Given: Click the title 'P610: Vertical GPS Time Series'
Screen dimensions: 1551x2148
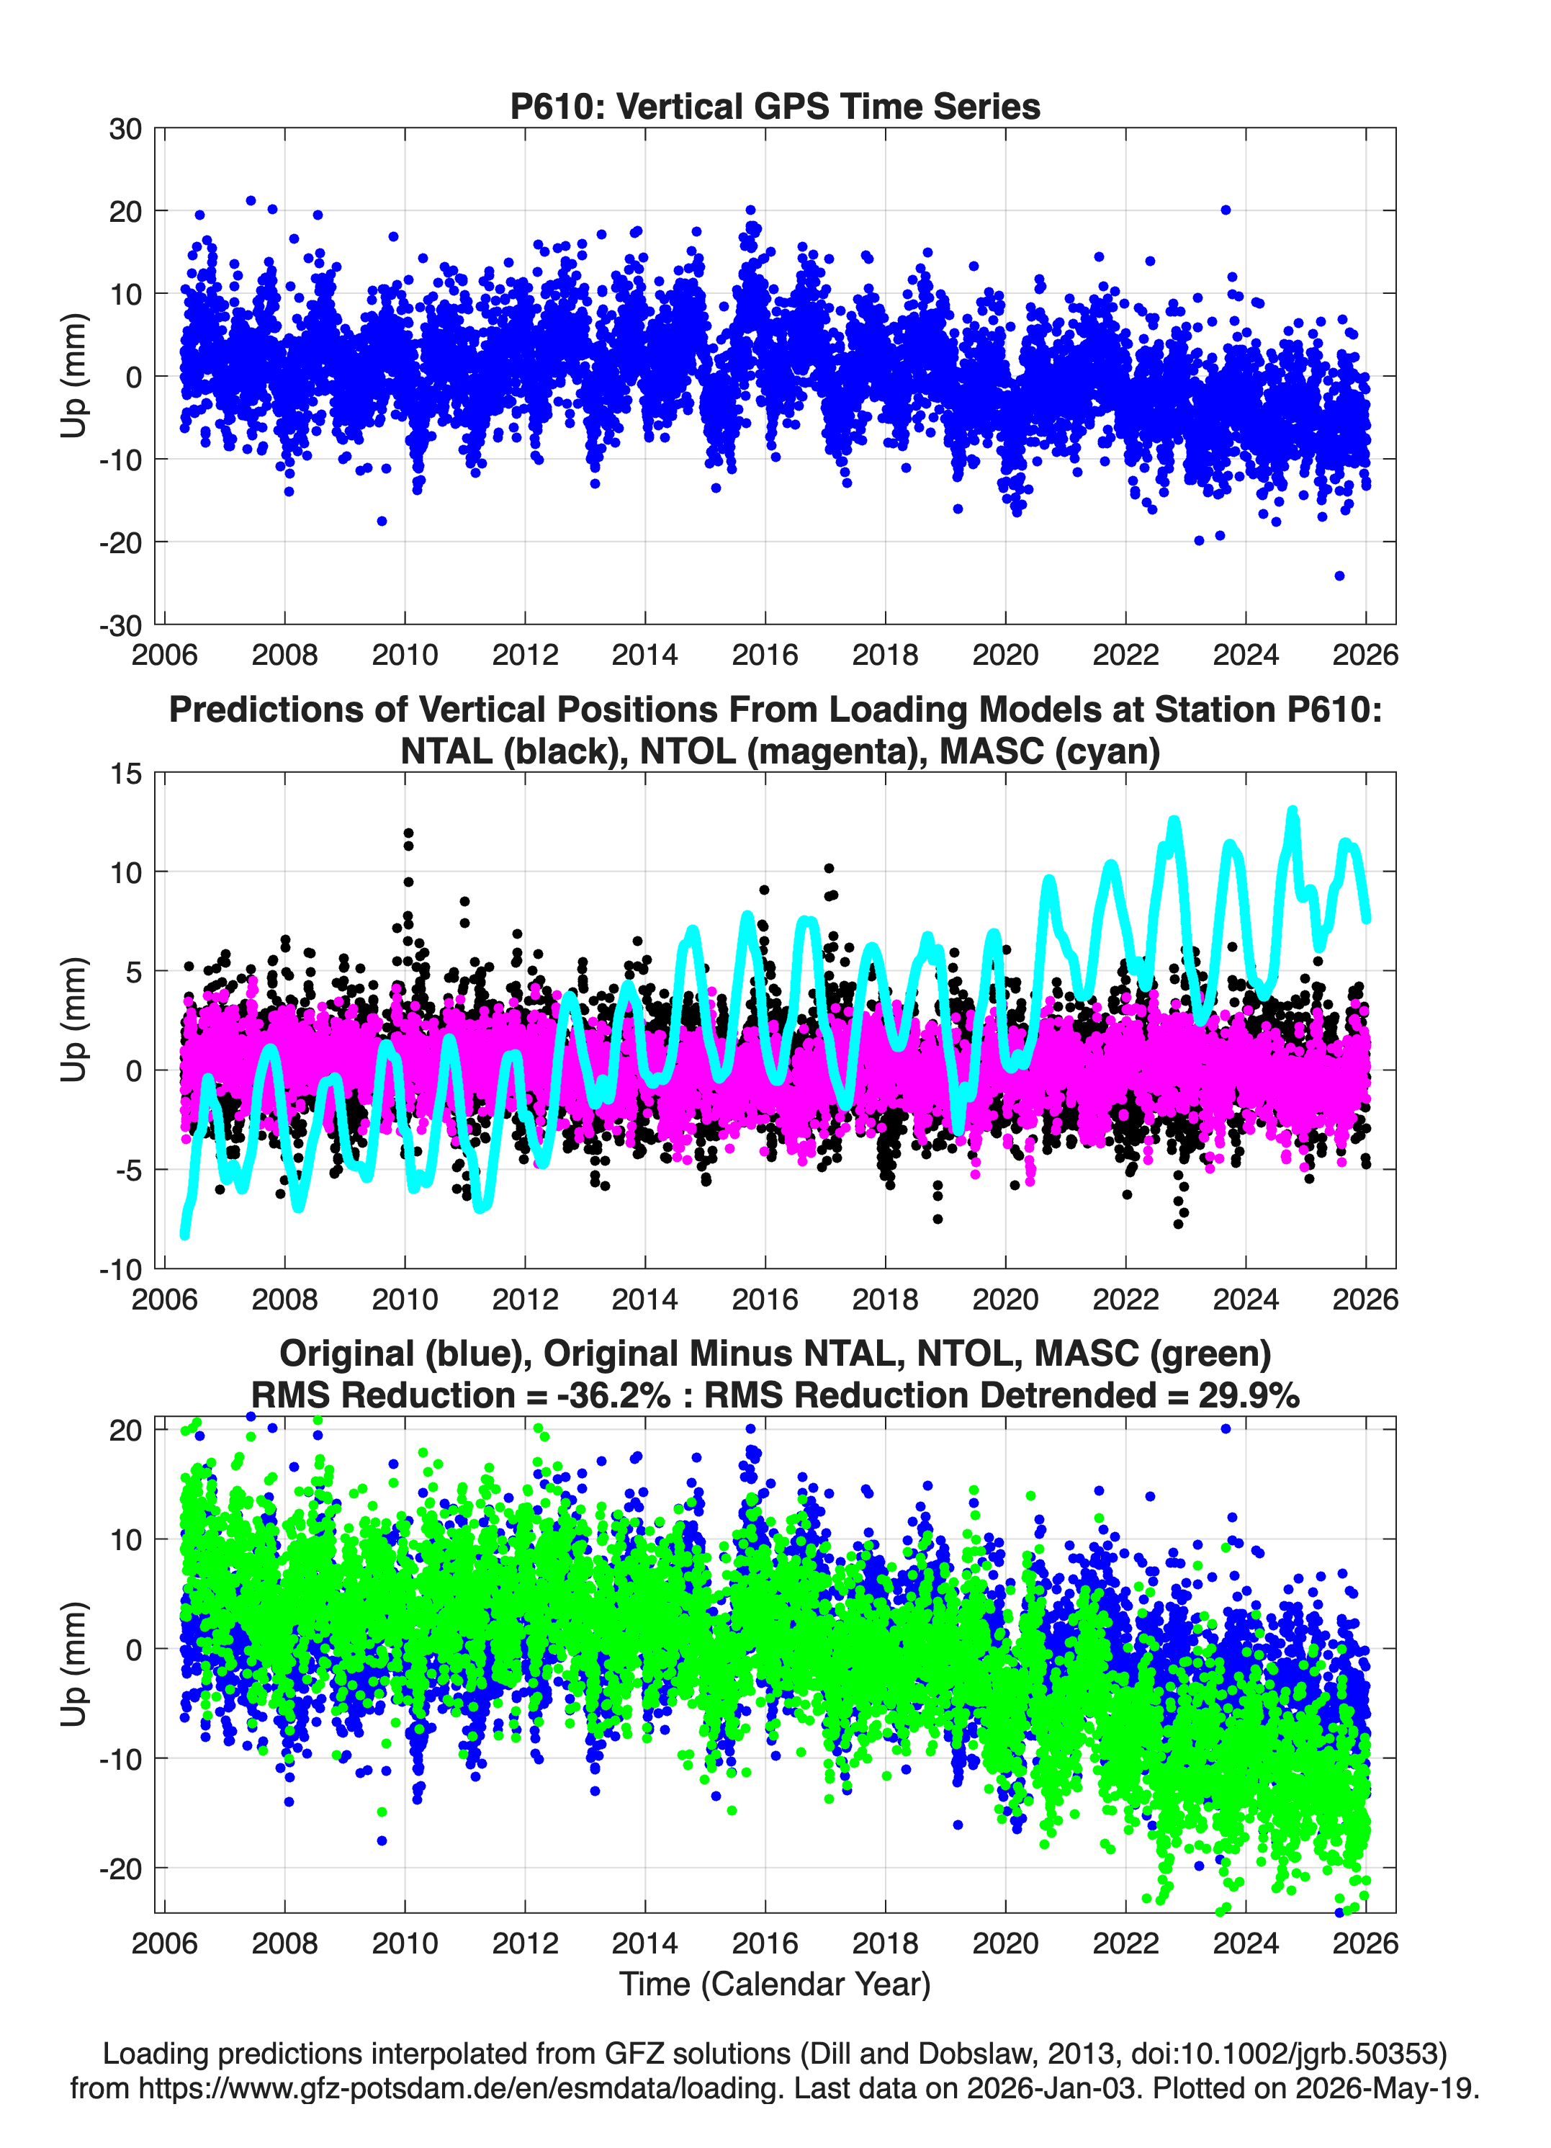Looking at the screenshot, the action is tap(775, 106).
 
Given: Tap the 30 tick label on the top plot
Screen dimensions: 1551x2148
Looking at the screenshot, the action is tap(125, 129).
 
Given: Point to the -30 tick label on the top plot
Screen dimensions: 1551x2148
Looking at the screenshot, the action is tap(120, 625).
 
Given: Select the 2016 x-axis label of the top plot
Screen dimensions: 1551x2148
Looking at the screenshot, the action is tap(765, 655).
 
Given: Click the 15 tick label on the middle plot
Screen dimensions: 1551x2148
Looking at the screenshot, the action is tap(126, 774).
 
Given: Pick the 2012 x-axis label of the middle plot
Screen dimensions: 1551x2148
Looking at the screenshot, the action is tap(526, 1299).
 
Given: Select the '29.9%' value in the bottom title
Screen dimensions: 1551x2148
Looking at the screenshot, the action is tap(1249, 1395).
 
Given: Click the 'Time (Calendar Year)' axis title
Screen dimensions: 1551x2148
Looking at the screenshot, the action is tap(775, 1984).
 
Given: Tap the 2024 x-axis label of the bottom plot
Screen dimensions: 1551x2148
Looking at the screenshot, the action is tap(1246, 1943).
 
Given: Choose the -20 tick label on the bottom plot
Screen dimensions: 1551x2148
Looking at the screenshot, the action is tap(120, 1869).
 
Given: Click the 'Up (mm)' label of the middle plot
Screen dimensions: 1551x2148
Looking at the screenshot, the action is tap(74, 1020).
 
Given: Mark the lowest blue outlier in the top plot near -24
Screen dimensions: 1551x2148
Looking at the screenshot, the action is tap(1339, 576).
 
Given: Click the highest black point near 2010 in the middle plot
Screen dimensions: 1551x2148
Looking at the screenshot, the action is tap(408, 833).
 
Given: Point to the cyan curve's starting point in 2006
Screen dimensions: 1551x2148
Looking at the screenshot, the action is tap(184, 1234).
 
